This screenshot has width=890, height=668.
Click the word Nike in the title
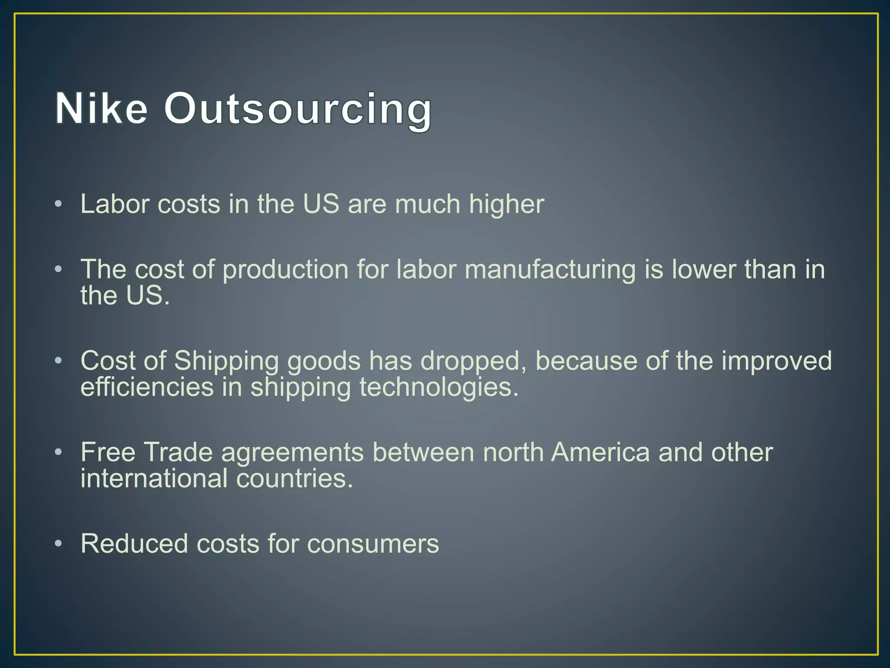(101, 109)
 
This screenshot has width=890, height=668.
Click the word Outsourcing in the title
(298, 109)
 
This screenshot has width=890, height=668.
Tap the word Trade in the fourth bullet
(178, 452)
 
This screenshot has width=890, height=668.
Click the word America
(600, 452)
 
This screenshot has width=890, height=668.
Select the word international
(154, 478)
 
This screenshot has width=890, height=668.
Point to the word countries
(295, 478)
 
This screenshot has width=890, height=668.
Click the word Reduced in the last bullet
(134, 544)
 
